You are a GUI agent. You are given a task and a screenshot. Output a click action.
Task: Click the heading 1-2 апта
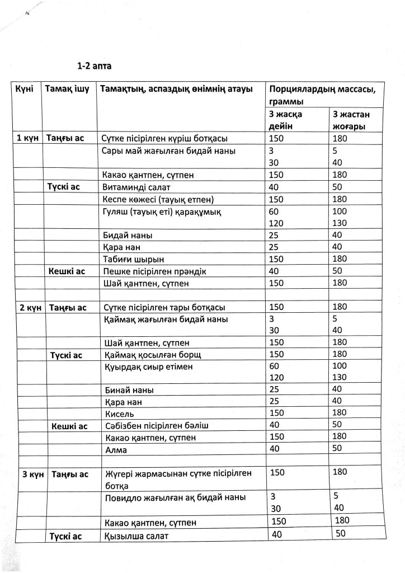[x=94, y=66]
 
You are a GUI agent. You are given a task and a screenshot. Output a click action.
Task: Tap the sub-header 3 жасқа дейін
[x=286, y=120]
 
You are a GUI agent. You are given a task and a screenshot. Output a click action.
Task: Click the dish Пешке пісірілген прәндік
[x=155, y=271]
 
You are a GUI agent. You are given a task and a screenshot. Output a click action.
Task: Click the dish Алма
[x=116, y=450]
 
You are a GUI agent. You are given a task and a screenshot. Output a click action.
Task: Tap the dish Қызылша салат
[x=136, y=536]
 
